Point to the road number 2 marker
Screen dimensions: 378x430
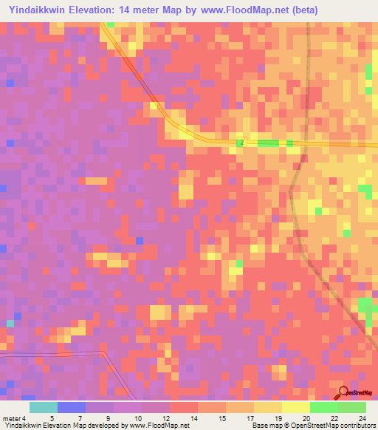pos(241,142)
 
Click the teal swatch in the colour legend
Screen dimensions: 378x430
pos(44,407)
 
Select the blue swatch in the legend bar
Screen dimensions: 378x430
pos(72,407)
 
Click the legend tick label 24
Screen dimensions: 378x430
pos(362,417)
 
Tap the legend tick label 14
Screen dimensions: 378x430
pos(194,417)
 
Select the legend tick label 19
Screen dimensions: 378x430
pos(278,417)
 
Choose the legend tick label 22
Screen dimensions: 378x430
pos(334,417)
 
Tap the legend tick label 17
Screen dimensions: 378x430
pos(250,417)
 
